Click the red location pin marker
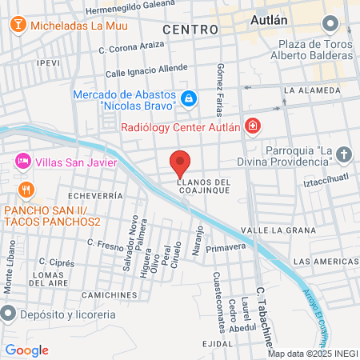click(180, 163)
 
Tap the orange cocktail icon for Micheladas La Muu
click(17, 26)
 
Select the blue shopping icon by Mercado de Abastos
click(188, 99)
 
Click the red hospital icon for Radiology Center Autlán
click(253, 126)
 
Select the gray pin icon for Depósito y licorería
click(9, 312)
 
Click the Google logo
click(26, 350)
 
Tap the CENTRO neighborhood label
click(190, 30)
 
